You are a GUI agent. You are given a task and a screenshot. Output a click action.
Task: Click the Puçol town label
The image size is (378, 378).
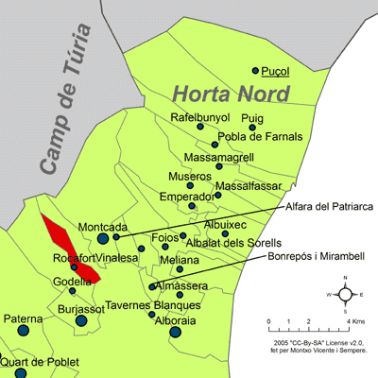275,71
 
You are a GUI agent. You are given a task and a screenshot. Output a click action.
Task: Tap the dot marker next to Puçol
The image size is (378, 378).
255,70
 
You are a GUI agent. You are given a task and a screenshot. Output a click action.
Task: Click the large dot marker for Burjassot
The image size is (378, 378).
80,321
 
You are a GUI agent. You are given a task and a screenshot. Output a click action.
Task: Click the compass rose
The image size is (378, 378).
346,294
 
